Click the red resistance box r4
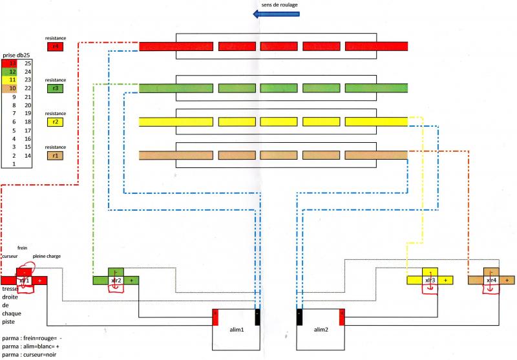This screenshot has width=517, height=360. [55, 47]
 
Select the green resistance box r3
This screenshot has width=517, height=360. [55, 88]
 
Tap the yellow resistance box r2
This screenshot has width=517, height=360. [55, 121]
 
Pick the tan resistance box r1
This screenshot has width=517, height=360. [55, 155]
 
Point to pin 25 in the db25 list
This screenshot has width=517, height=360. [28, 63]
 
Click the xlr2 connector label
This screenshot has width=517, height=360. [117, 281]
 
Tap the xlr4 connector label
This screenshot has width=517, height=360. [491, 281]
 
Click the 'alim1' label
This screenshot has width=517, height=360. [237, 330]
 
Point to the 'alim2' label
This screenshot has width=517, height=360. [321, 330]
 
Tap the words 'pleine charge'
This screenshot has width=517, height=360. [46, 256]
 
